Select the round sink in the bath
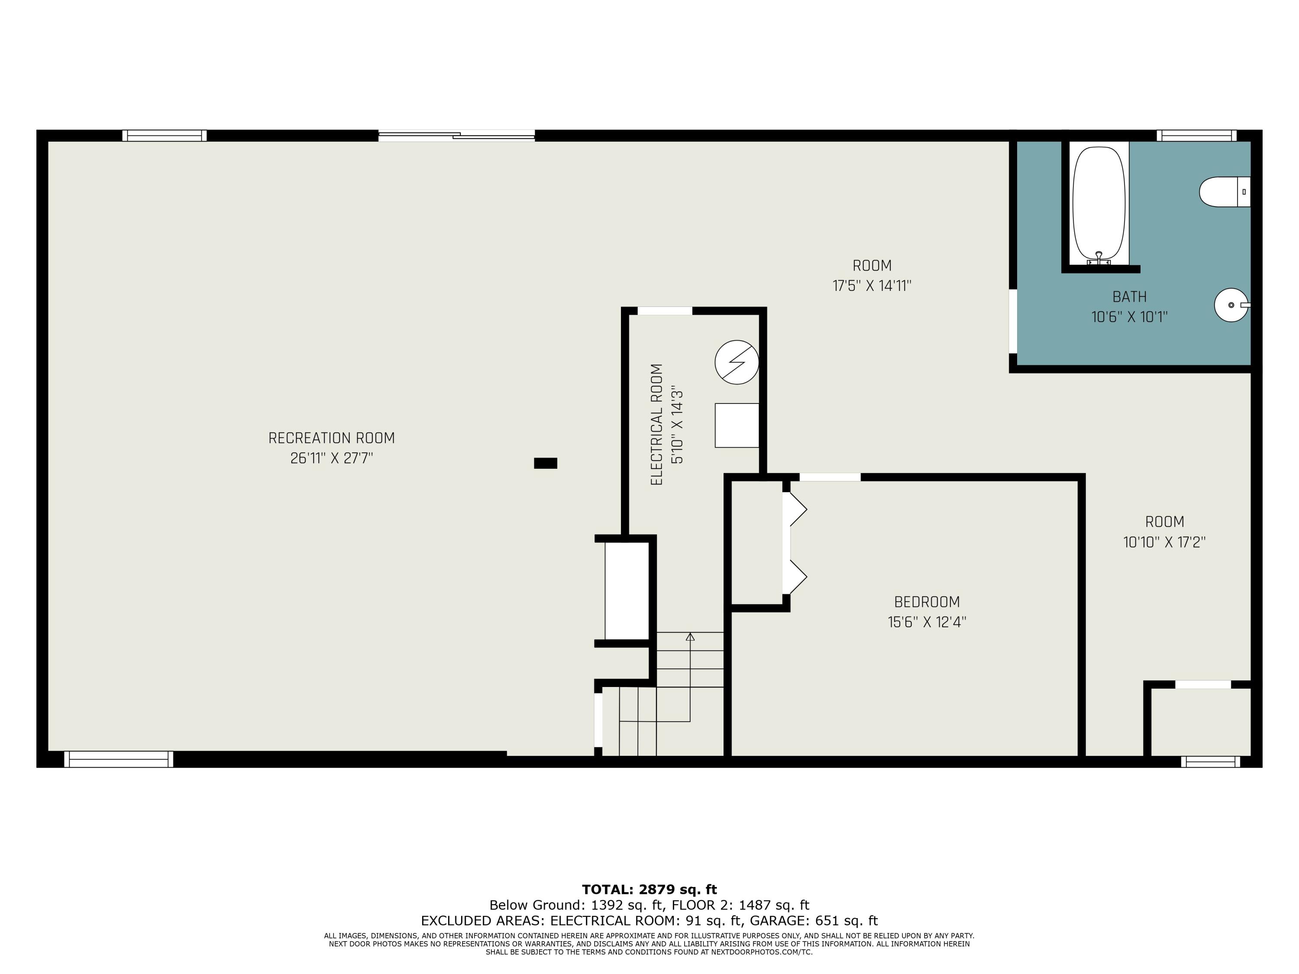(x=1231, y=305)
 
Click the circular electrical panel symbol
(x=737, y=362)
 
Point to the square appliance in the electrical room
(x=737, y=425)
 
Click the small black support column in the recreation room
(x=545, y=463)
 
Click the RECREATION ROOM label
(x=331, y=438)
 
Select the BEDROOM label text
(x=927, y=602)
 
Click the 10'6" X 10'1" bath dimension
(x=1129, y=317)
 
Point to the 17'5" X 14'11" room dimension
(x=872, y=286)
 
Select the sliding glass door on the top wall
(x=456, y=135)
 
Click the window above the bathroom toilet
(x=1196, y=135)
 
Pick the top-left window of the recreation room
(x=165, y=135)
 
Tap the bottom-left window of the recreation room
(x=119, y=759)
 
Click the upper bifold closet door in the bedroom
(x=795, y=509)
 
